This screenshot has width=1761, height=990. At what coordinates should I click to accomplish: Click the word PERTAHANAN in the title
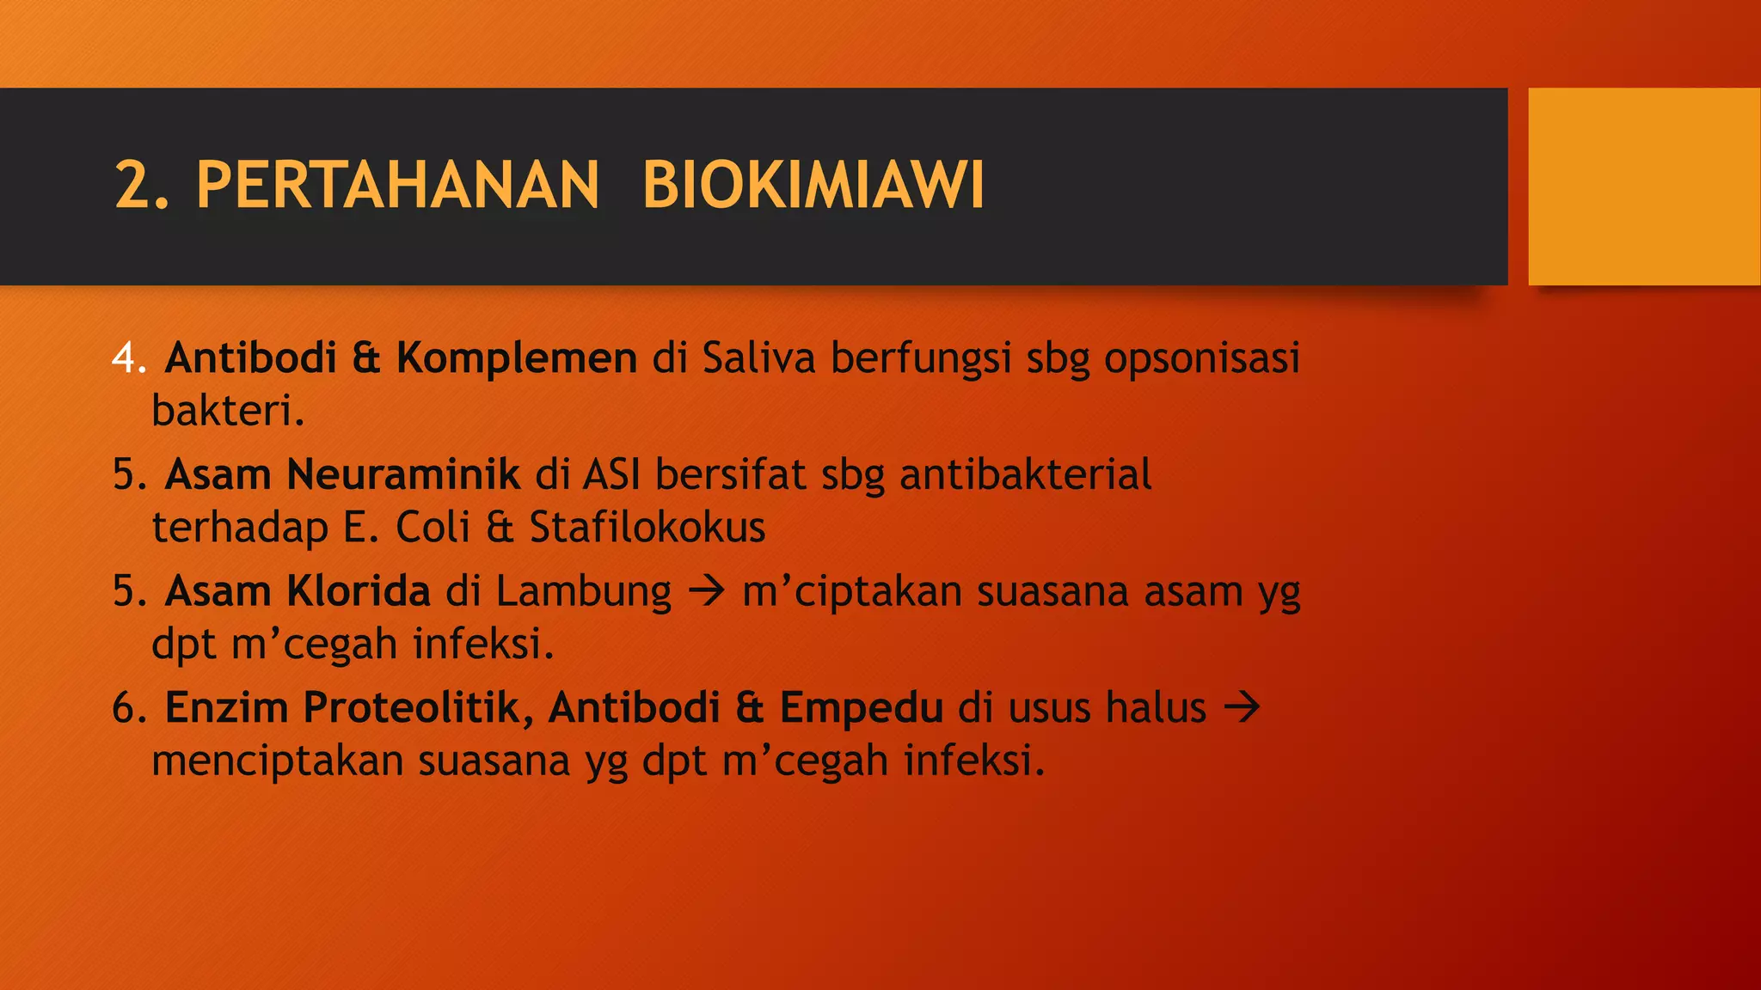tap(397, 185)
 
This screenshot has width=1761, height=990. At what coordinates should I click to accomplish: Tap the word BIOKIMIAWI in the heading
tap(813, 185)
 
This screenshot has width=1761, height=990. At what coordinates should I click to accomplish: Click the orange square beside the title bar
tap(1644, 186)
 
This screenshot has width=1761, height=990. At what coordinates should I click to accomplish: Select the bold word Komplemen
tap(516, 357)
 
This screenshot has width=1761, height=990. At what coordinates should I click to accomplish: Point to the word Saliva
tap(758, 357)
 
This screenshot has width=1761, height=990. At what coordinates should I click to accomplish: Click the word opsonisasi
tap(1201, 357)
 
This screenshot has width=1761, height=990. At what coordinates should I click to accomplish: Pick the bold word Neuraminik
tap(402, 474)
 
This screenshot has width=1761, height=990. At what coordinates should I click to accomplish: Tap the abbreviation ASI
tap(611, 474)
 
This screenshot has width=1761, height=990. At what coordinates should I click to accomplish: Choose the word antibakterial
tap(1025, 474)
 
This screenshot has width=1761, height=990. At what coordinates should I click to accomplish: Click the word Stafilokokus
tap(647, 527)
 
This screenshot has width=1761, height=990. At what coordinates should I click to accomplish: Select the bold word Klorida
tap(358, 591)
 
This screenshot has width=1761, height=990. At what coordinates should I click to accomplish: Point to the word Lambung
tap(583, 591)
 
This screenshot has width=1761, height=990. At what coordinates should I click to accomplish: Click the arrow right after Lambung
tap(707, 591)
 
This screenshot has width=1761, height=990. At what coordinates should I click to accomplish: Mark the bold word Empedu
tap(862, 708)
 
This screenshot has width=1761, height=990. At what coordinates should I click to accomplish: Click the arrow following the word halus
tap(1242, 708)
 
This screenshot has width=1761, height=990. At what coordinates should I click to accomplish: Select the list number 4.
tap(129, 357)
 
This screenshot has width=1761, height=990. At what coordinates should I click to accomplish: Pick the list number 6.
tap(129, 708)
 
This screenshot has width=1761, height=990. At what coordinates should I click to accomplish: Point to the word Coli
tap(433, 527)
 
